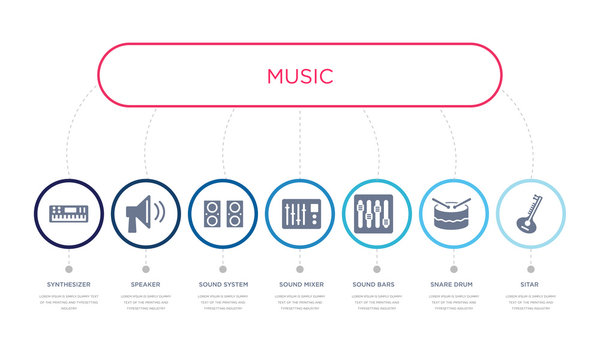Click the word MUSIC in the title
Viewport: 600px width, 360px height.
coord(300,76)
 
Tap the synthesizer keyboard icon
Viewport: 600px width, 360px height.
coord(68,213)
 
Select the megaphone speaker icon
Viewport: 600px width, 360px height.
coord(145,213)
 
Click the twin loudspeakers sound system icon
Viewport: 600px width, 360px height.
coord(223,213)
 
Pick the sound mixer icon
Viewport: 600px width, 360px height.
coord(300,213)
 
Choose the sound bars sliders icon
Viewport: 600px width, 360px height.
coord(377,213)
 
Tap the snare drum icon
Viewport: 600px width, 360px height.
coord(454,213)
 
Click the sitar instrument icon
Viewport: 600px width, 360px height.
coord(530,213)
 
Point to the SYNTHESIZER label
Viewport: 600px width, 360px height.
coord(68,285)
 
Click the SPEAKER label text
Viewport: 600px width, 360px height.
coord(145,285)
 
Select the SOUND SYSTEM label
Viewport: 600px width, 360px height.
coord(223,285)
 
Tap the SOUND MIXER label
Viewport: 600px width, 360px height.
coord(300,285)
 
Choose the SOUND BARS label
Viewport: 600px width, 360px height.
coord(377,285)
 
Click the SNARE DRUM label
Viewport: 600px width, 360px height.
coord(454,285)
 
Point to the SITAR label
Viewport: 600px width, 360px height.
coord(531,285)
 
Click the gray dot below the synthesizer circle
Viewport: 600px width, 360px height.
coord(68,268)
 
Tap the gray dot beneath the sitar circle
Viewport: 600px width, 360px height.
coord(531,268)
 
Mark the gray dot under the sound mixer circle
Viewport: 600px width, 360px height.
coord(300,268)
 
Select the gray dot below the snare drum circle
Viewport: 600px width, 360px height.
coord(454,268)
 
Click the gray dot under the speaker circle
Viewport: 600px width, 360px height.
coord(145,268)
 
